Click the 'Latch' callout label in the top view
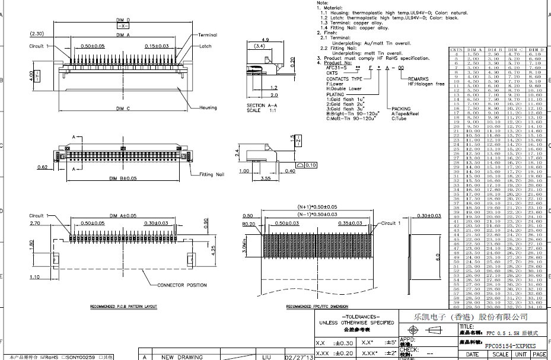(205, 46)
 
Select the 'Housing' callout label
(208, 107)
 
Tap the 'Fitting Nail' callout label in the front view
(212, 174)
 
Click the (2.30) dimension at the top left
(37, 33)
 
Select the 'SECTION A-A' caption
(260, 106)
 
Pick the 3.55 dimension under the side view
(265, 177)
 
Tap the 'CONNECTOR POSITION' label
(181, 285)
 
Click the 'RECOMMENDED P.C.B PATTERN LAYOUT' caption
(123, 307)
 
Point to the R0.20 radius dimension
(248, 224)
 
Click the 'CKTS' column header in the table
(456, 50)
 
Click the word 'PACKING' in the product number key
(401, 109)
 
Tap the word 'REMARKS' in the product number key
(418, 78)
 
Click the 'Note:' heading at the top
(323, 3)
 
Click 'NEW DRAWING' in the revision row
(182, 357)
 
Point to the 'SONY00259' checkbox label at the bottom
(80, 357)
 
